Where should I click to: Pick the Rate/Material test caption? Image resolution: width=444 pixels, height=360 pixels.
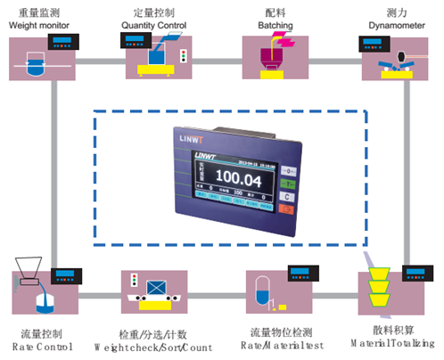coord(277,345)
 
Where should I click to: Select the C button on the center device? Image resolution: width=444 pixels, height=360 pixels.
coord(287,195)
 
